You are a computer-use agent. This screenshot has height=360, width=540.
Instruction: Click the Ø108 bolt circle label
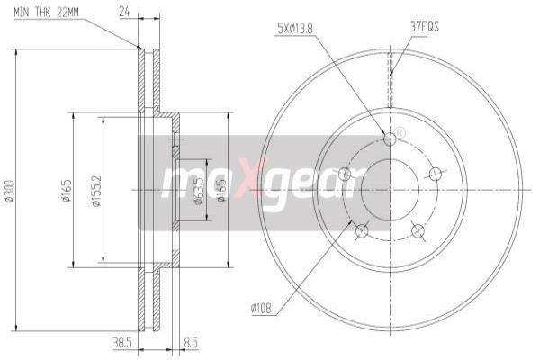pyautogui.click(x=263, y=310)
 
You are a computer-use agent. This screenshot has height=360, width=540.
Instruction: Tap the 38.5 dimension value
pyautogui.click(x=123, y=343)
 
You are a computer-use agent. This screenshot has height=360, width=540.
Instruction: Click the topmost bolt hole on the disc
pyautogui.click(x=390, y=139)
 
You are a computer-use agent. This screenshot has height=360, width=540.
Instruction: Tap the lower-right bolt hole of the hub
pyautogui.click(x=418, y=231)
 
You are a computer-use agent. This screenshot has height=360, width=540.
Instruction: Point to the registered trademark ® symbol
pyautogui.click(x=400, y=133)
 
